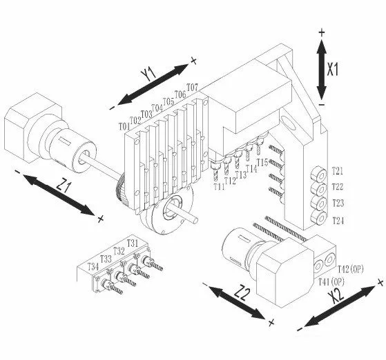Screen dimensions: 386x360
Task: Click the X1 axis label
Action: click(333, 69)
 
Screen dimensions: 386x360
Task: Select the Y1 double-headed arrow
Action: click(153, 84)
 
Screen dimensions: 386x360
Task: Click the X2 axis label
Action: click(336, 295)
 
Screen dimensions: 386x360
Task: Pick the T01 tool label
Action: click(124, 127)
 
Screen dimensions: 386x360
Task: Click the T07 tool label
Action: click(193, 87)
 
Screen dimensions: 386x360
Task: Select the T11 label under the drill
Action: click(219, 187)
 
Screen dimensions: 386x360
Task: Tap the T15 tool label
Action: click(262, 162)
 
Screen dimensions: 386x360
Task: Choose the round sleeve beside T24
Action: click(319, 218)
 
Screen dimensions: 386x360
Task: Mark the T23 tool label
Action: click(338, 203)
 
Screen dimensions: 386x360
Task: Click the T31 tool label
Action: click(133, 243)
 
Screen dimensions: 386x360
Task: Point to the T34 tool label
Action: click(93, 267)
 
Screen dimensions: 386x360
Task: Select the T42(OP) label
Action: click(351, 269)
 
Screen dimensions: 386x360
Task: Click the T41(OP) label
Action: click(331, 281)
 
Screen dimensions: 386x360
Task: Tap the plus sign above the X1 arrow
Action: click(322, 32)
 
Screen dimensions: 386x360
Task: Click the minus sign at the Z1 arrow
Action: click(17, 172)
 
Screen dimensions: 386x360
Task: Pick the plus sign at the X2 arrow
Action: click(380, 282)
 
